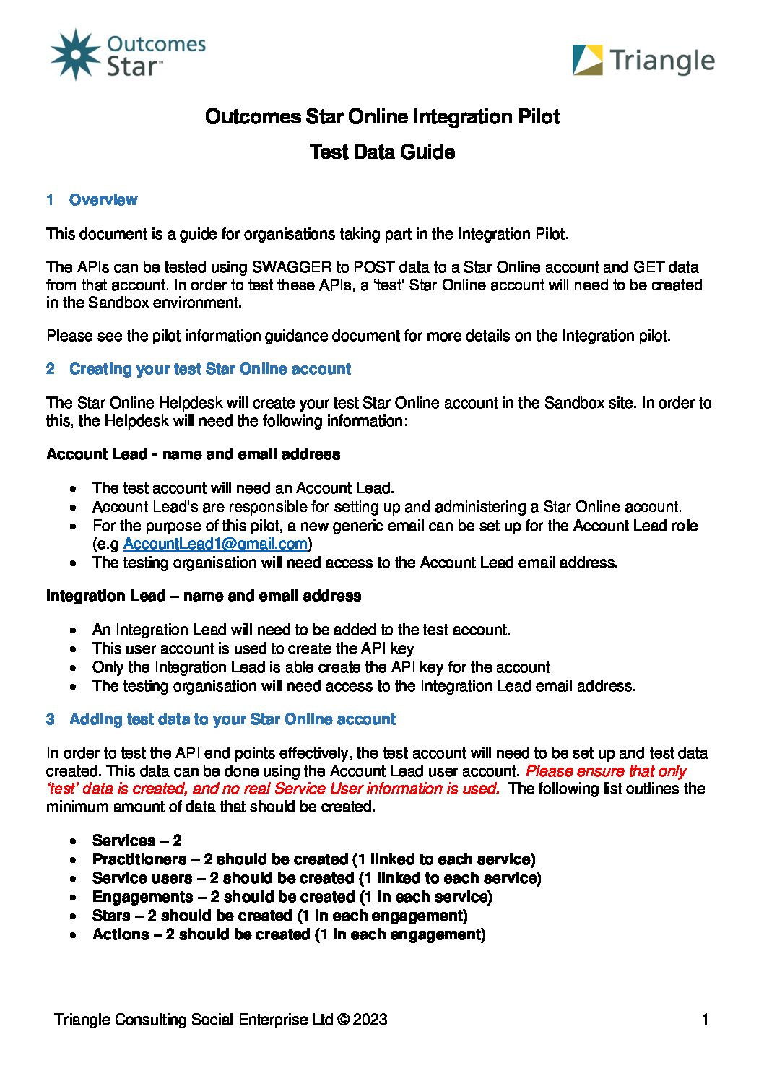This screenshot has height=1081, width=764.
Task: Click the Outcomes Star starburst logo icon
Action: click(x=75, y=54)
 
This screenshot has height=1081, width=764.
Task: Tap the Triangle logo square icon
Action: click(x=587, y=60)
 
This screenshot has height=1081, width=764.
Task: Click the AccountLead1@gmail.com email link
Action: click(x=215, y=544)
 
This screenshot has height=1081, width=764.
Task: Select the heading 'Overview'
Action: click(x=103, y=200)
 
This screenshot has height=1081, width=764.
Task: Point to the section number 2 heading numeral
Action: click(x=51, y=369)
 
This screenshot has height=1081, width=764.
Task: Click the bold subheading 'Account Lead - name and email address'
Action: click(x=193, y=454)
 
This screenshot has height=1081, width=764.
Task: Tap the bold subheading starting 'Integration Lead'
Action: click(x=203, y=596)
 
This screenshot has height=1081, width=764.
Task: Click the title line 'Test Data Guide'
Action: click(x=382, y=152)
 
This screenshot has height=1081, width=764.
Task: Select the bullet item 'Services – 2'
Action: click(x=136, y=841)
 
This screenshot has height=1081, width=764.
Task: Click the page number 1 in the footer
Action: click(x=705, y=1020)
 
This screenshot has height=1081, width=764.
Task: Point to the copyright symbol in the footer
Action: click(x=343, y=1020)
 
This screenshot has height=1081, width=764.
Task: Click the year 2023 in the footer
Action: click(x=370, y=1020)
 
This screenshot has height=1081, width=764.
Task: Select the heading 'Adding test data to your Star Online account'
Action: click(x=232, y=719)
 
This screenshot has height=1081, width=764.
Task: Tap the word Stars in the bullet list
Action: click(x=111, y=916)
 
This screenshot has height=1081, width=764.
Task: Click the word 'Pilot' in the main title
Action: click(x=538, y=116)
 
